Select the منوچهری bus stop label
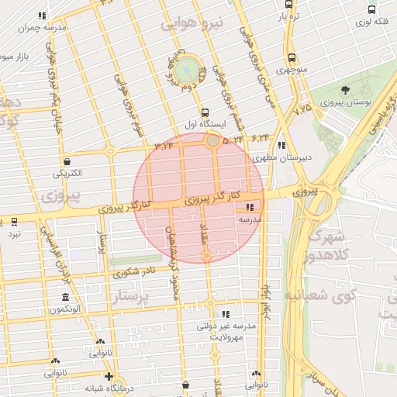[294, 70]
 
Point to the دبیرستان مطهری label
[285, 157]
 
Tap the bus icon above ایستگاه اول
[204, 112]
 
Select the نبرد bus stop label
[16, 233]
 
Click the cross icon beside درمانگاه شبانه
[109, 376]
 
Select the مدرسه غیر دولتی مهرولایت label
[226, 333]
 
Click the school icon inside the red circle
[250, 208]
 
